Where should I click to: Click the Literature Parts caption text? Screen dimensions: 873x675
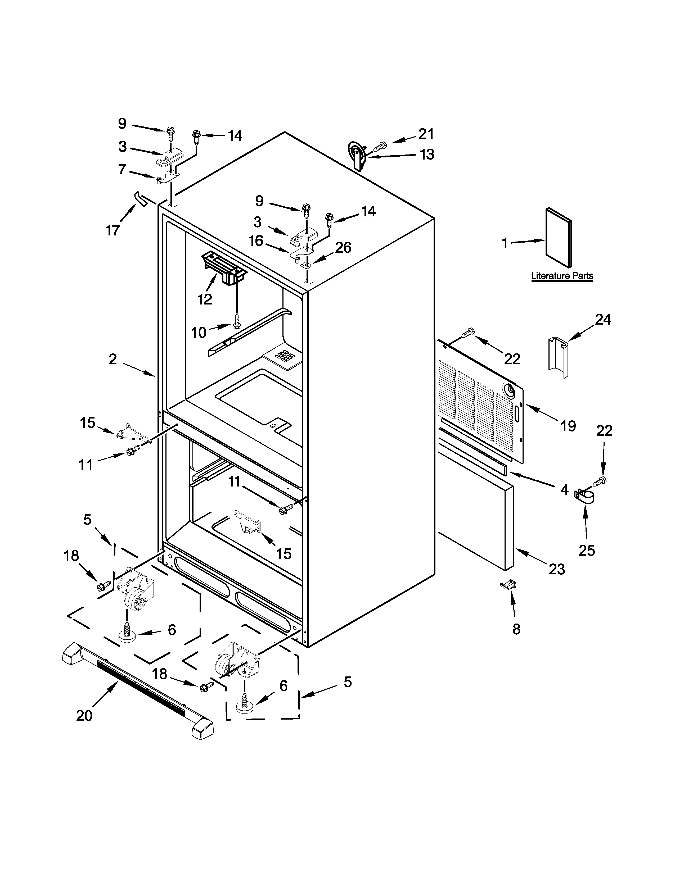point(562,276)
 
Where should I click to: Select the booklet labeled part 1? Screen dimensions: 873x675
point(559,238)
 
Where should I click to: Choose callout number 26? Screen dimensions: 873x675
point(343,248)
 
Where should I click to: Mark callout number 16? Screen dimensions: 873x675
point(256,241)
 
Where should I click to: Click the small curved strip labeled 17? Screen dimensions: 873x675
point(140,198)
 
